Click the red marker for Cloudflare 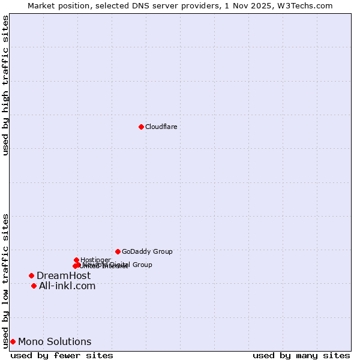tap(141, 127)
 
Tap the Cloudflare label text tap(161, 127)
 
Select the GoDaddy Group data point tap(118, 251)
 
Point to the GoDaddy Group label tap(147, 251)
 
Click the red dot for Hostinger tap(76, 260)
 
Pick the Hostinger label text tap(95, 260)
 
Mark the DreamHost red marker tap(31, 275)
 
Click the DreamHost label tap(64, 275)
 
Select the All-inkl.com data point tap(34, 286)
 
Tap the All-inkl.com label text tap(67, 286)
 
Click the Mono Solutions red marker tap(13, 341)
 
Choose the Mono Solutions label tap(55, 342)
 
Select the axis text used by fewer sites tap(62, 355)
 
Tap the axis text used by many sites tap(301, 355)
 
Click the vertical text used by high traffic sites tap(5, 85)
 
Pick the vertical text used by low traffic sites tap(5, 280)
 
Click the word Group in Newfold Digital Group tap(142, 265)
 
